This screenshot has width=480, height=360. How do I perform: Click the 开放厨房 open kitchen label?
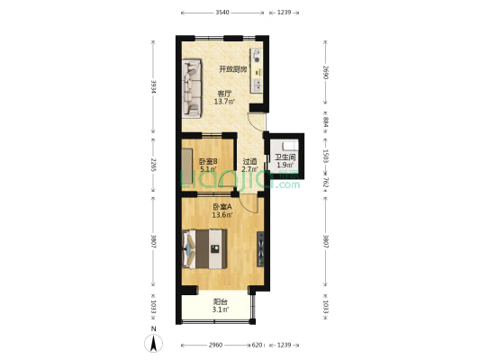click(x=232, y=68)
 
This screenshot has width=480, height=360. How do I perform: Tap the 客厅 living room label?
click(x=223, y=93)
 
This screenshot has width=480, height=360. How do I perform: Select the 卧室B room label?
click(x=207, y=161)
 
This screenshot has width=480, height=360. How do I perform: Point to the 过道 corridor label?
click(x=249, y=161)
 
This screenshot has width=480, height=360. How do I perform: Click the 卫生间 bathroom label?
click(x=285, y=157)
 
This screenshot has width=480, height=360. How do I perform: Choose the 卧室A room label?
click(x=222, y=206)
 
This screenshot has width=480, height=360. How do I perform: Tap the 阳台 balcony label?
click(x=220, y=301)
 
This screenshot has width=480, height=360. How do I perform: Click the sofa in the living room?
click(x=191, y=88)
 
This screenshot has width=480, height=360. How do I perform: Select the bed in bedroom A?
click(x=205, y=248)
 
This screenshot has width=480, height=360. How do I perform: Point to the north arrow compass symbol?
click(x=154, y=342)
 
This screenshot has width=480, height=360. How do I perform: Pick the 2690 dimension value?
click(x=325, y=72)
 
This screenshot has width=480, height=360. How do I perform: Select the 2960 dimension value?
click(x=214, y=346)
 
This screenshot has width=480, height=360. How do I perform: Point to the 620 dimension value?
click(x=257, y=346)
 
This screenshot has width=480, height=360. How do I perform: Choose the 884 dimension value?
click(x=325, y=121)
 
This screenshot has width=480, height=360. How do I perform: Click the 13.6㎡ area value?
click(x=222, y=215)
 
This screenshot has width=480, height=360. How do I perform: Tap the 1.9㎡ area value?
click(x=285, y=166)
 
